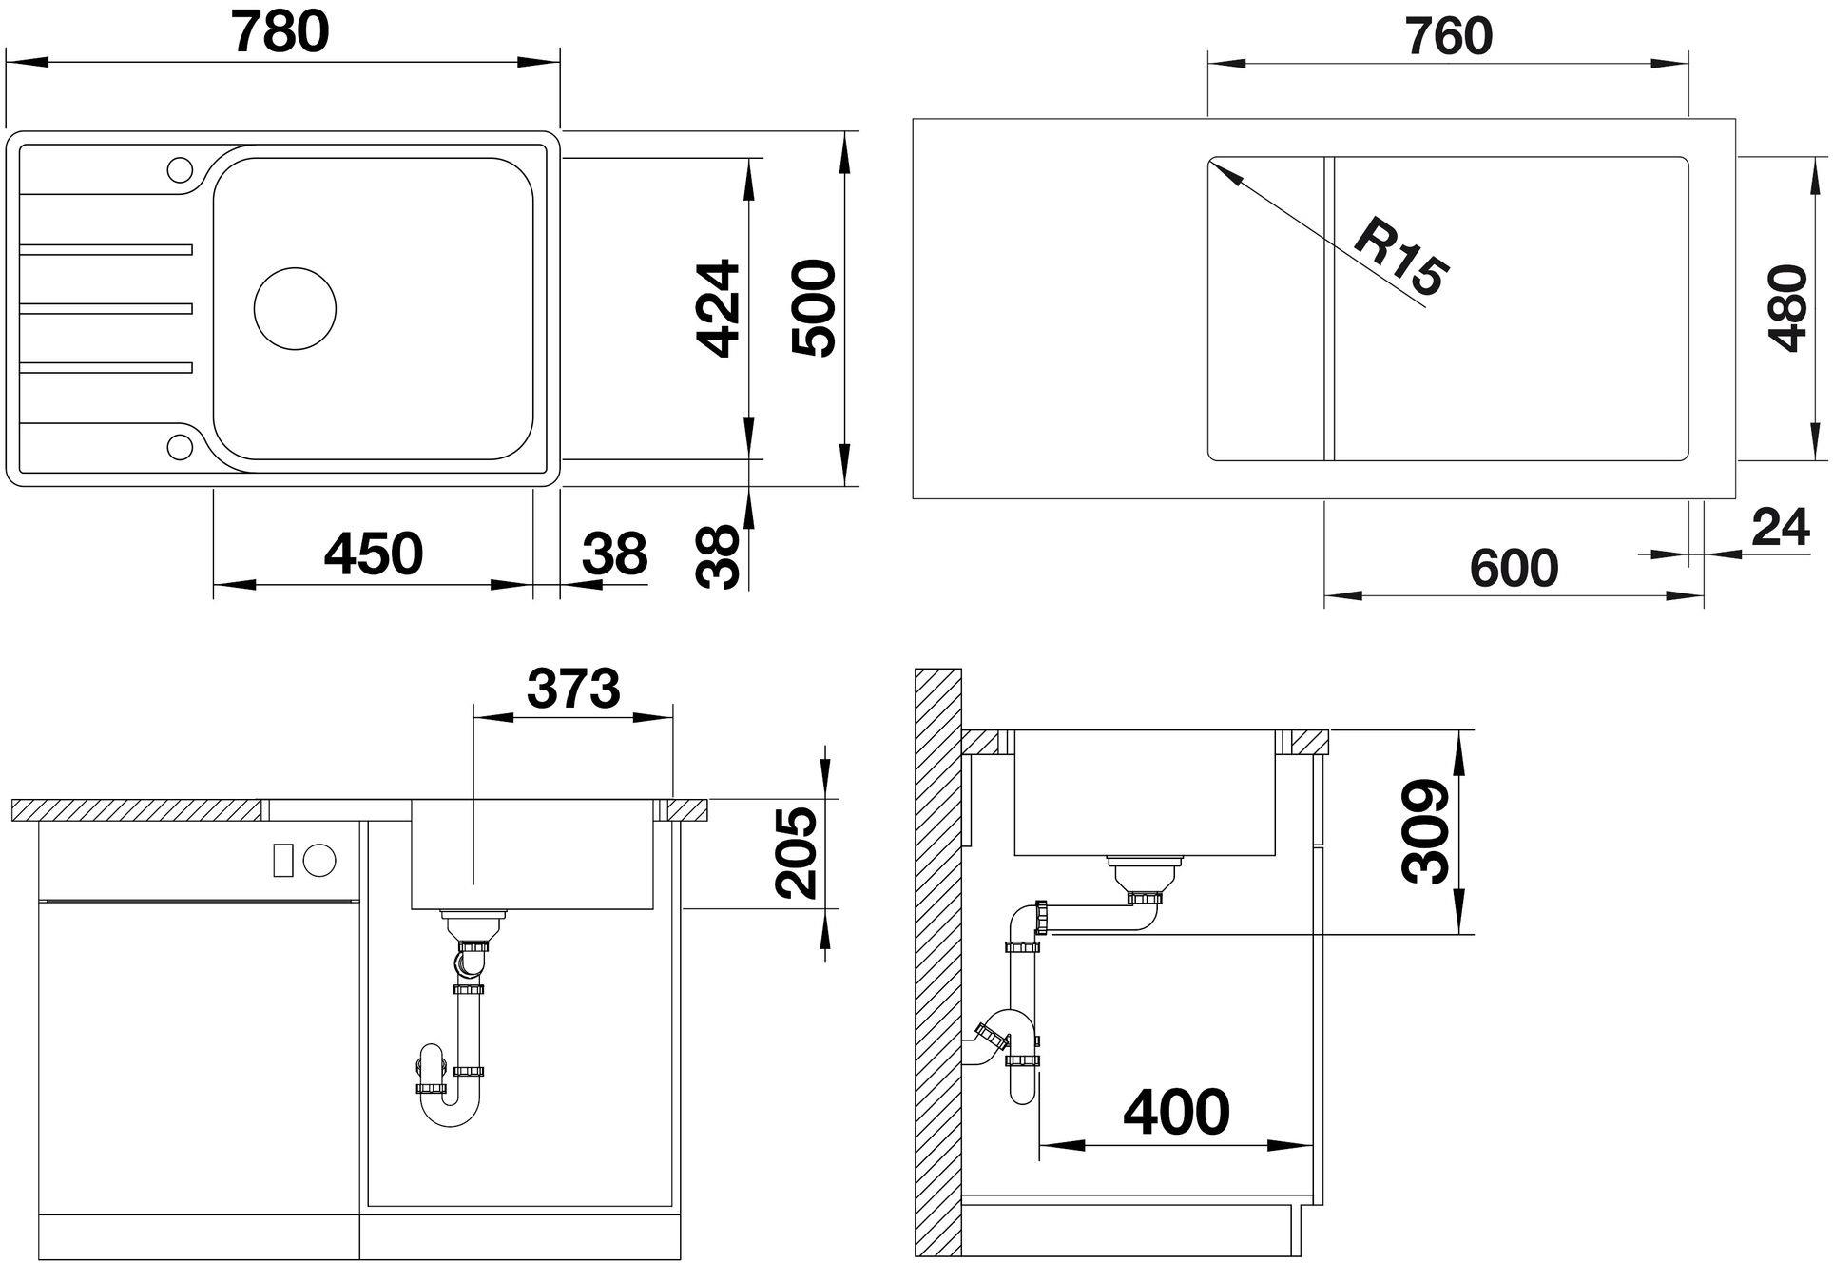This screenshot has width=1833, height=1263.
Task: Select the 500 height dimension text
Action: (814, 308)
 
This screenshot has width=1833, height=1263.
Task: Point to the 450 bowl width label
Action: (373, 554)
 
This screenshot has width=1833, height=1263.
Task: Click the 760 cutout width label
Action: (1448, 36)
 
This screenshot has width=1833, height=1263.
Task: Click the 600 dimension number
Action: (1514, 569)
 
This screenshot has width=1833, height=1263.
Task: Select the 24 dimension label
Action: (1780, 528)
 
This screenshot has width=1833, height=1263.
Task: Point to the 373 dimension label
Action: (573, 689)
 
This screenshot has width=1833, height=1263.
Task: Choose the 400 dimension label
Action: (1176, 1112)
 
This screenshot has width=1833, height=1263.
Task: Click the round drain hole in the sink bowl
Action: (296, 308)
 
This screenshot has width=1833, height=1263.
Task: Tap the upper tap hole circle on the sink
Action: (179, 169)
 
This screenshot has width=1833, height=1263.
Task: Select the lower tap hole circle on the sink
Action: (179, 445)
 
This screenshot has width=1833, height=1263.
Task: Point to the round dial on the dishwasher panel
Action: (319, 860)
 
